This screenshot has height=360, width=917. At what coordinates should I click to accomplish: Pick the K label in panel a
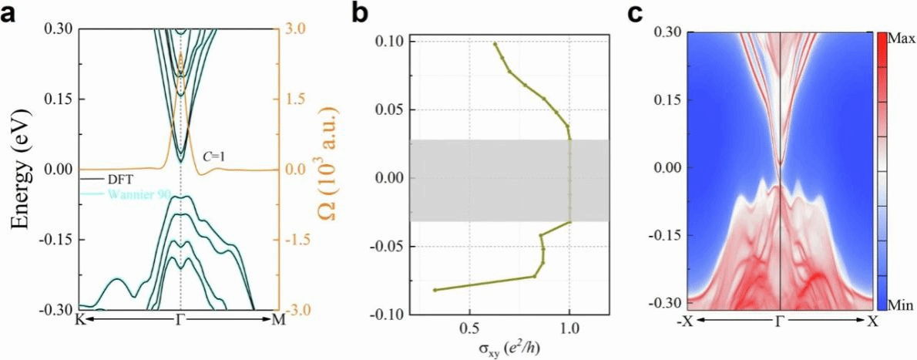tap(79, 321)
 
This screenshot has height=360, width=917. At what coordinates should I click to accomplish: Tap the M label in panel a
tap(279, 321)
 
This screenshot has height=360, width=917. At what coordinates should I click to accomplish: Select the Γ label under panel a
tap(180, 321)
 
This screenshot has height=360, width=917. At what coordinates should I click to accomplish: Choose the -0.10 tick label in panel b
tap(389, 315)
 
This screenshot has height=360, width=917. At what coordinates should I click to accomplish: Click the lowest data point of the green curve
tap(435, 290)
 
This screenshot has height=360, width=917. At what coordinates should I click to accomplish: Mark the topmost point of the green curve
tap(495, 44)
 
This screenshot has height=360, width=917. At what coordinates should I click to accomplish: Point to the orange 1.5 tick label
tap(297, 99)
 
